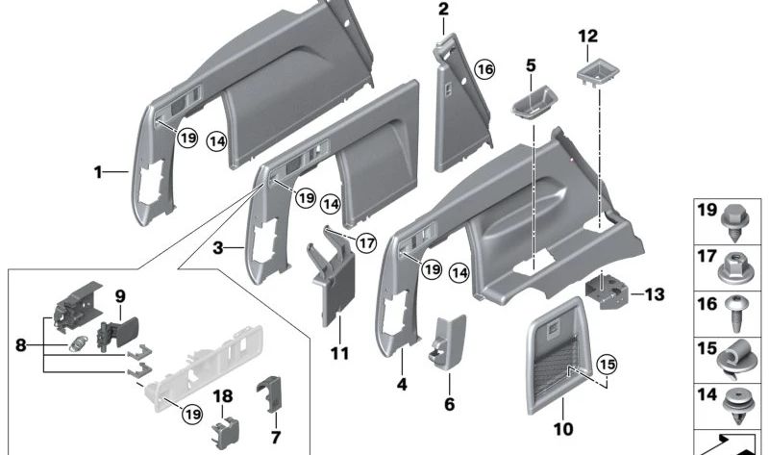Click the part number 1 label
[98, 172]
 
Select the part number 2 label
[443, 11]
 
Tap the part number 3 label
[217, 247]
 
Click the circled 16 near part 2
[484, 70]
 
